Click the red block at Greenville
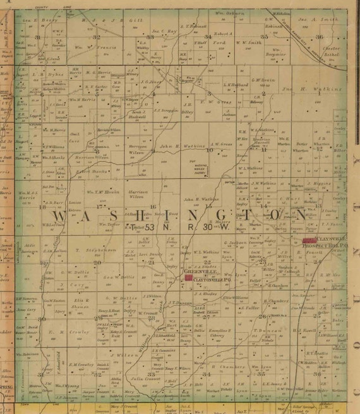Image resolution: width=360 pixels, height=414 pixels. coord(188,277)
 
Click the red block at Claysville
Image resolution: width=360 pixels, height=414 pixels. coord(309,240)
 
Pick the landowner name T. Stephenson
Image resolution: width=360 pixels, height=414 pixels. coord(97,250)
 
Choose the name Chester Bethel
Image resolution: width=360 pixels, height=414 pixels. coord(330,52)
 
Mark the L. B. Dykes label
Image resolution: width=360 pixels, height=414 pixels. coord(42,73)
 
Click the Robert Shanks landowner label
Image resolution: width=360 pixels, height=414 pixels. coord(88,171)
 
